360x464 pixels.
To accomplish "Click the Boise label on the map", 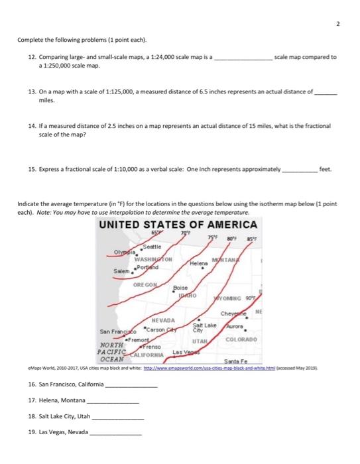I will [x=180, y=288].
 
